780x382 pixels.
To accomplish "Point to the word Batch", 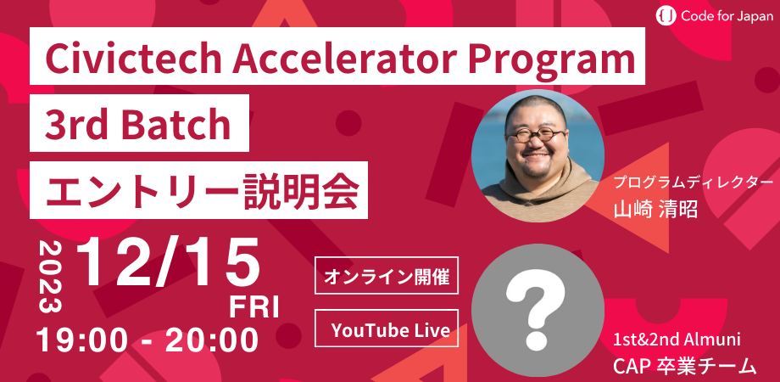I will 173,126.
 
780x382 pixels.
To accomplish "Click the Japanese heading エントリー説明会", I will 199,190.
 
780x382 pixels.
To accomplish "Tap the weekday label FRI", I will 253,306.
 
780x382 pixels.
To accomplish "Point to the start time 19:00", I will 84,340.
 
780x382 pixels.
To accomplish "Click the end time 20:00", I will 211,340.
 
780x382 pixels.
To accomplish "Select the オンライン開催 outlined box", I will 386,276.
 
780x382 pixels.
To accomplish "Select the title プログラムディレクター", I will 694,183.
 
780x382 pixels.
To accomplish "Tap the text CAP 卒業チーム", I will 683,366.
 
